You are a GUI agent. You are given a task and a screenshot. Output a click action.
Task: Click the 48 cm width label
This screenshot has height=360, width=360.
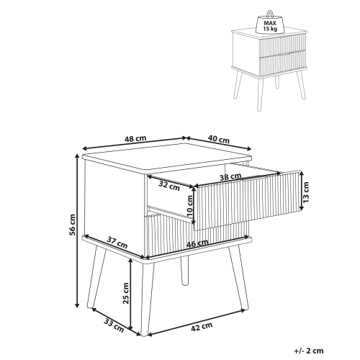coord(135,139)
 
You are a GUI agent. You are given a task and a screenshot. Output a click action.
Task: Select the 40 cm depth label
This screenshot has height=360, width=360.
coord(219,139)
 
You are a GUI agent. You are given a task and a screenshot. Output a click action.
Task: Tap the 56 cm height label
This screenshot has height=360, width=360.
coord(72,225)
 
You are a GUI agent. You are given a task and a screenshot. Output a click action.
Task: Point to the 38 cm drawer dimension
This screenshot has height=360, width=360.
coord(230,177)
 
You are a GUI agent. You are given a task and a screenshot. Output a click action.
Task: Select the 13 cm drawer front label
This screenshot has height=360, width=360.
coord(306,192)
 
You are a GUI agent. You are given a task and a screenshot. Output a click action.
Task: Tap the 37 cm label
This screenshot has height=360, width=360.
coord(117,243)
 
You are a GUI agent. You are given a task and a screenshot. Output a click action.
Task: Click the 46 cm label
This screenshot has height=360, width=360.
coord(197,243)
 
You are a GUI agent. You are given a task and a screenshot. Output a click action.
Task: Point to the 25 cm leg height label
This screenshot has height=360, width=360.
coord(126,293)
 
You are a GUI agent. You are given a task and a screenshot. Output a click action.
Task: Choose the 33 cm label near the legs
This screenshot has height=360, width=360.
coord(114,325)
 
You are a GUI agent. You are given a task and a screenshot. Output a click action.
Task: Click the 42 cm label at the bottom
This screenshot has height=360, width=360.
coord(202,327)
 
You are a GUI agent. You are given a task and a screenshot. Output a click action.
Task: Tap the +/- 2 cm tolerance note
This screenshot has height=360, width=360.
coord(309,351)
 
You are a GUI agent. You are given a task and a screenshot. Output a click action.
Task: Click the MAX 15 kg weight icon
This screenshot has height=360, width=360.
coord(270,24)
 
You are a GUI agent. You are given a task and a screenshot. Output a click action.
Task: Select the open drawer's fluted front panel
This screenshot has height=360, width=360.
coord(248,200)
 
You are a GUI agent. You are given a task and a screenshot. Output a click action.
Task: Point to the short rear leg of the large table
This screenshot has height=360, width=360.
coord(184,270)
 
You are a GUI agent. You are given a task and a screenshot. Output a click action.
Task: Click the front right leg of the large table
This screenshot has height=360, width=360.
coord(238,279)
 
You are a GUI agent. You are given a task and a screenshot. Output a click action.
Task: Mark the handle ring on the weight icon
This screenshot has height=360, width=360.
coord(270,14)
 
